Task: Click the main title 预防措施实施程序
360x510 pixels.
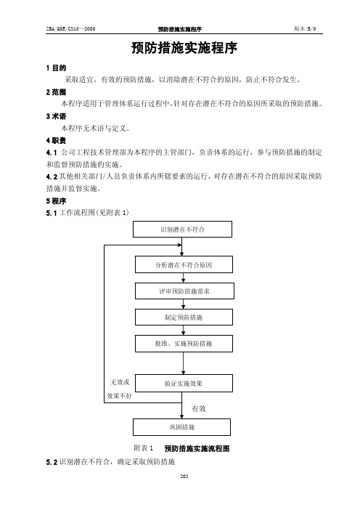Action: (184, 48)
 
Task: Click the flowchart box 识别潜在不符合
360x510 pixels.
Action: (182, 230)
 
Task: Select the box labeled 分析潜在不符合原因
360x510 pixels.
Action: (184, 264)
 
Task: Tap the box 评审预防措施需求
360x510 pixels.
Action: (184, 291)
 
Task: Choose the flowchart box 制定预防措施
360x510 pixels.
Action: (184, 317)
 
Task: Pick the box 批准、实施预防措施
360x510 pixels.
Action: (184, 344)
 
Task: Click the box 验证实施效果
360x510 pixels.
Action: (184, 383)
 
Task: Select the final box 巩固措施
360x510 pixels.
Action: (181, 427)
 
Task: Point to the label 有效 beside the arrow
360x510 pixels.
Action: (199, 408)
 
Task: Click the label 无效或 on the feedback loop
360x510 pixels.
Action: (120, 382)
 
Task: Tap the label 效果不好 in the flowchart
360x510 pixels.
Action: (120, 396)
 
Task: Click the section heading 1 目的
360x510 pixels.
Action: (56, 68)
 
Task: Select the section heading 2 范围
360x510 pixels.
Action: (56, 92)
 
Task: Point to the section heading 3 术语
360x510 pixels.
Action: (56, 116)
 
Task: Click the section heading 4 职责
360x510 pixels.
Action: (56, 140)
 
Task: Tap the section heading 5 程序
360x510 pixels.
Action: (56, 201)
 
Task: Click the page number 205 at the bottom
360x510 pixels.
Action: (184, 476)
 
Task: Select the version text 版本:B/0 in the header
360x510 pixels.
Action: (305, 28)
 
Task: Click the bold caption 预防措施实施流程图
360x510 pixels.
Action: (197, 448)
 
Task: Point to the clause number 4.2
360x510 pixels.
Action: (52, 177)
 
